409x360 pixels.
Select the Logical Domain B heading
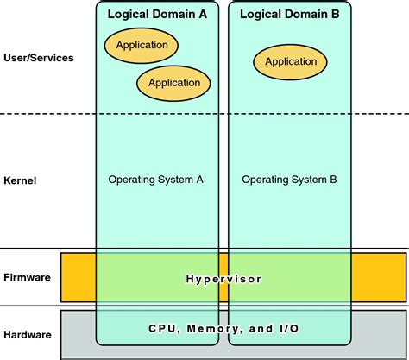[x=289, y=15]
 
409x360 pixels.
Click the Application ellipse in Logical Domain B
[x=290, y=61]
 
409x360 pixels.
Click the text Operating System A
[x=155, y=180]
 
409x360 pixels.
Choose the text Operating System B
[x=289, y=180]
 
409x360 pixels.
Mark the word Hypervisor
[x=223, y=279]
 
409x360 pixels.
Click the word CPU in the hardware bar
[x=161, y=329]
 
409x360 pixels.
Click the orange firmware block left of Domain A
[x=78, y=278]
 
